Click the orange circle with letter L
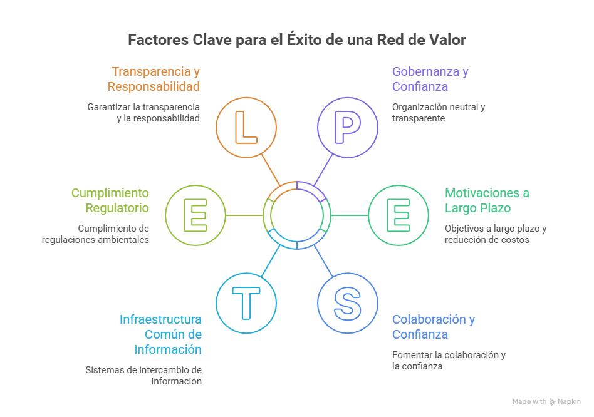246,127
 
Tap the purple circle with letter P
347,127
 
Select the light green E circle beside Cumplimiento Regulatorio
195,215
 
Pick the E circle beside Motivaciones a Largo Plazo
398,215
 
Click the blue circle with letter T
246,302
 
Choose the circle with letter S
347,302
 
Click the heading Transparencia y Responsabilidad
154,79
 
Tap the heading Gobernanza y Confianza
430,79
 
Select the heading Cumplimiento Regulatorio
110,200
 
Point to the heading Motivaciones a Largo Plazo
487,200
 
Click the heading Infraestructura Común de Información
161,334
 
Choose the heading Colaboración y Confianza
434,327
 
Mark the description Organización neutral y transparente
439,112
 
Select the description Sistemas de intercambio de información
143,375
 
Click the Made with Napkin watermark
546,401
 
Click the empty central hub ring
296,215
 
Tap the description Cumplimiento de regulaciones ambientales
96,234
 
